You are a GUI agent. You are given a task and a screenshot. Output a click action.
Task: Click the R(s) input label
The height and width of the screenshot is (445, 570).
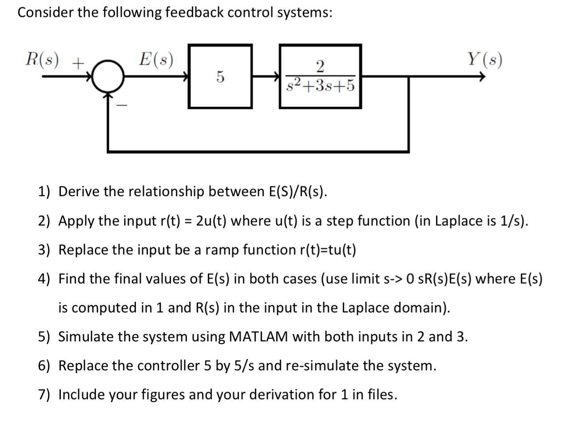pyautogui.click(x=42, y=60)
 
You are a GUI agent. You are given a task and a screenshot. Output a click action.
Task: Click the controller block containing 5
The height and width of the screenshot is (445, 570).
pyautogui.click(x=220, y=76)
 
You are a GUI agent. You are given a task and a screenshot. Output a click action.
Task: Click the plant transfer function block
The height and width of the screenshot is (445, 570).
pyautogui.click(x=320, y=76)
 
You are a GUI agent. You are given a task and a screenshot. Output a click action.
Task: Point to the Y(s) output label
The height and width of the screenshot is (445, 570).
pyautogui.click(x=484, y=60)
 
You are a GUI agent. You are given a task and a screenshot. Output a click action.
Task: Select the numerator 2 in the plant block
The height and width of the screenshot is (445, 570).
pyautogui.click(x=320, y=66)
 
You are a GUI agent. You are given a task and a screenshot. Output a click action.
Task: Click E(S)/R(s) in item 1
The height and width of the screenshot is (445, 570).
pyautogui.click(x=297, y=192)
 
